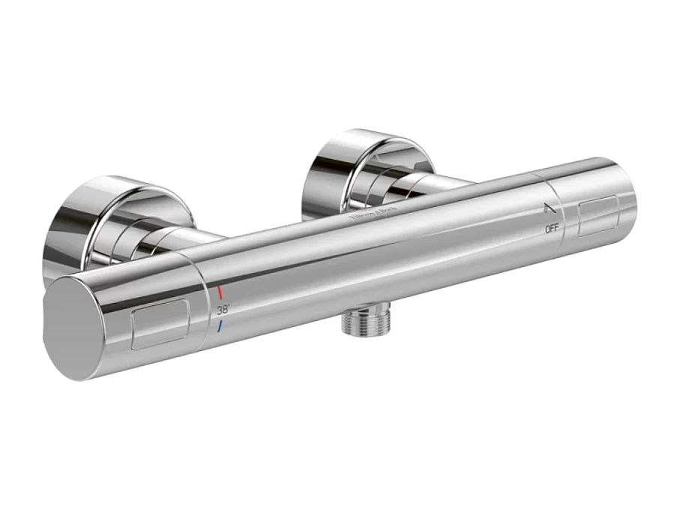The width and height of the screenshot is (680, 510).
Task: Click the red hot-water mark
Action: pos(221,291)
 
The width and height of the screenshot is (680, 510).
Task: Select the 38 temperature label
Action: pos(223,309)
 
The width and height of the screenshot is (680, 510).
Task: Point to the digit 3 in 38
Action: pos(220,309)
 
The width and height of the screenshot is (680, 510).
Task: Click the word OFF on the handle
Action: pos(552,228)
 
